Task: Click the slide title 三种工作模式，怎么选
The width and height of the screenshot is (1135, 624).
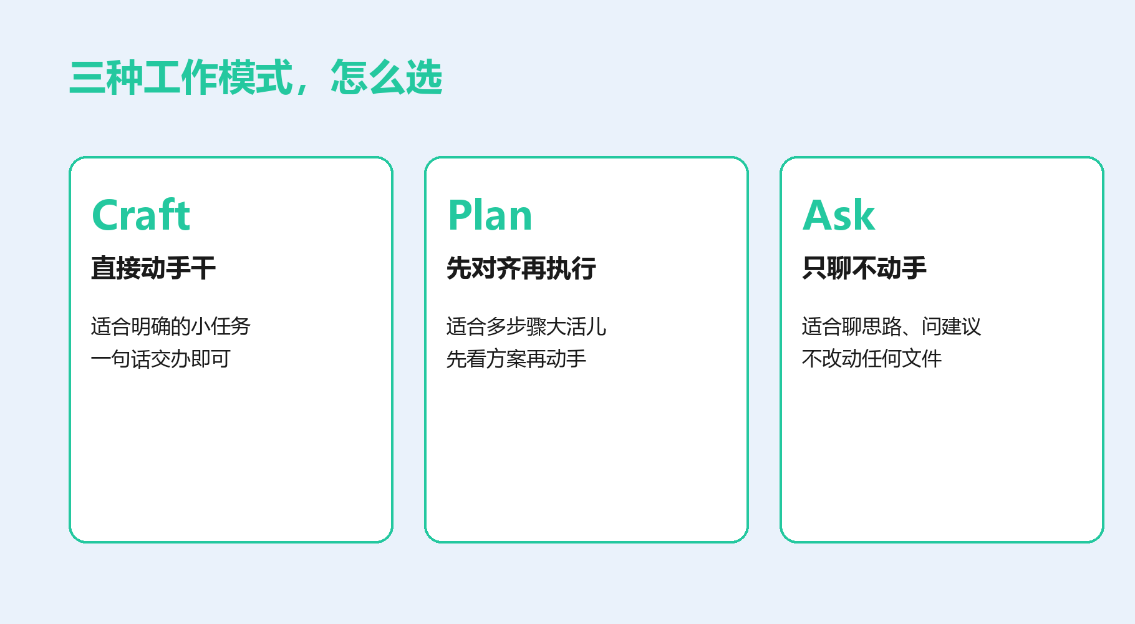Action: tap(256, 77)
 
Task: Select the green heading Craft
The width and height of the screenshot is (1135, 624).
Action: tap(141, 215)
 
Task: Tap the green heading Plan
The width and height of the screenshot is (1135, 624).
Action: tap(490, 215)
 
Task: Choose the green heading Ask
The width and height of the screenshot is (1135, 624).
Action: tap(839, 215)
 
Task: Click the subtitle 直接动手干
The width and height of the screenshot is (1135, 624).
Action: tap(153, 268)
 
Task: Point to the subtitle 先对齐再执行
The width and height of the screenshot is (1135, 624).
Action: tap(521, 268)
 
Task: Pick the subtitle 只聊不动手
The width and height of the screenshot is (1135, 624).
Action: tap(864, 268)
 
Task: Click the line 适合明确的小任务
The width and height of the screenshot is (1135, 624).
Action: tap(171, 326)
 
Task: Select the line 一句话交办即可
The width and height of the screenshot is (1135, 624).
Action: tap(161, 359)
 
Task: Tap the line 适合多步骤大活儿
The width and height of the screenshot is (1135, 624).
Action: tap(526, 326)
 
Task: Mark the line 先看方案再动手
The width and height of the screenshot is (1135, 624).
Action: tap(516, 359)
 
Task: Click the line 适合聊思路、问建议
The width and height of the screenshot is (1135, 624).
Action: tap(892, 326)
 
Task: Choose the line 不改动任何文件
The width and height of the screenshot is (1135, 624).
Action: tap(872, 359)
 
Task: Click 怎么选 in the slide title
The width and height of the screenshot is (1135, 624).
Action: tap(387, 77)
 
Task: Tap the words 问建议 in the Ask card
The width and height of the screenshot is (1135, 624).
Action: tap(952, 326)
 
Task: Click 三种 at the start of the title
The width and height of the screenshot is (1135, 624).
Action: tap(106, 77)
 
